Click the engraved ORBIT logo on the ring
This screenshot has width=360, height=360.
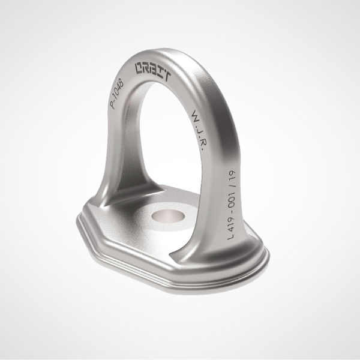[153, 72]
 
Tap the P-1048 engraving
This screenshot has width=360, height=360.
[117, 94]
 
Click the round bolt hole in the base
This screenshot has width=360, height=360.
[168, 217]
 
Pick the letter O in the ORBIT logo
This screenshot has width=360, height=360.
[139, 68]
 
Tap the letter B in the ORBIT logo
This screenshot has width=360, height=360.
[154, 72]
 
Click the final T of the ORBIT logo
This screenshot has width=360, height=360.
[167, 77]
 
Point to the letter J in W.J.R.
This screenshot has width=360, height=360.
[200, 130]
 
